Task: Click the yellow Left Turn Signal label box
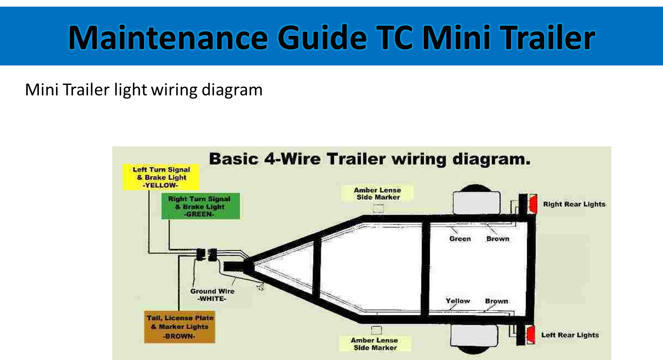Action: click(161, 177)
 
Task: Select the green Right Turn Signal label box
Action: click(201, 207)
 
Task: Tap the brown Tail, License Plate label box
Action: click(179, 327)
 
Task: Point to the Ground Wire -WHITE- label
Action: click(212, 295)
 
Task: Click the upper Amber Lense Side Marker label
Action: click(377, 194)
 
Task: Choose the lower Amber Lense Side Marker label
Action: click(374, 344)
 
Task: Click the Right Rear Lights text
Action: click(574, 204)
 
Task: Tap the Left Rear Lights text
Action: click(570, 335)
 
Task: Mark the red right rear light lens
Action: click(533, 204)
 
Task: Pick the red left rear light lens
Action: click(531, 335)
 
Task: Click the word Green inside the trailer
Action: click(460, 239)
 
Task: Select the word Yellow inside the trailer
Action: click(457, 301)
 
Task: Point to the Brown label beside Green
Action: click(498, 239)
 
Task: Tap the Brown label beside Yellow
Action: click(496, 301)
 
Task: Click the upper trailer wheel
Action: click(476, 202)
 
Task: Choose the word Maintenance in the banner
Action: click(168, 37)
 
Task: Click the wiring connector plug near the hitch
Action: click(206, 255)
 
